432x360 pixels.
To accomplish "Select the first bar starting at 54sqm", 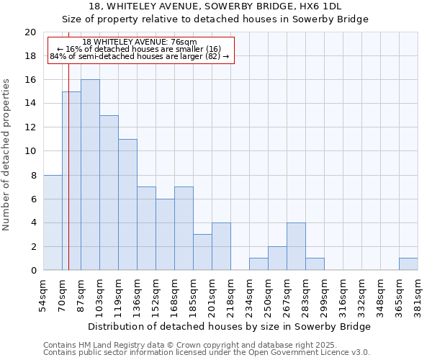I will tap(53, 222).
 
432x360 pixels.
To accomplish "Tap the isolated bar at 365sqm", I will tap(408, 264).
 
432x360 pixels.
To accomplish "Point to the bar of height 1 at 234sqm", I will tap(258, 264).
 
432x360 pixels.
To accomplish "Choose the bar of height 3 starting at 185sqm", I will tap(202, 252).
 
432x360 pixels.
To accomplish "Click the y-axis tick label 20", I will tap(30, 32).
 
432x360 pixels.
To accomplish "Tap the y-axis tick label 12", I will tap(30, 127).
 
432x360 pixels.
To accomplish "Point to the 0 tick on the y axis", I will tap(32, 271).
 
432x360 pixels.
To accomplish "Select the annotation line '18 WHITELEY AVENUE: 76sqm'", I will tap(140, 42).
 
